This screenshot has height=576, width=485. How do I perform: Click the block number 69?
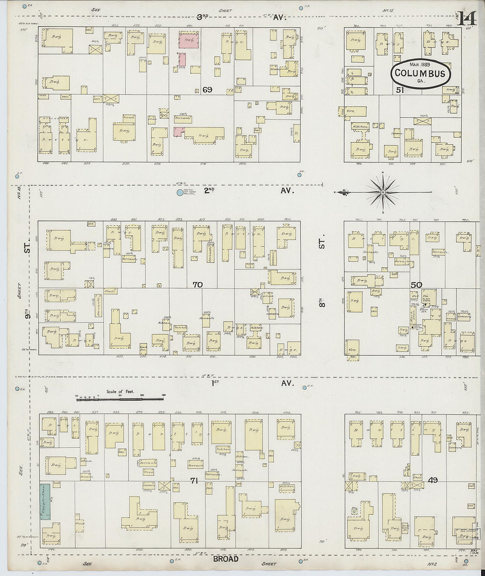(x=207, y=90)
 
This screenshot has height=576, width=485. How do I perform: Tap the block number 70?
(x=198, y=285)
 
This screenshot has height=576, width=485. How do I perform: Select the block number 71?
(x=194, y=481)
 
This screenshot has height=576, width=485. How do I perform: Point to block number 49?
(x=433, y=480)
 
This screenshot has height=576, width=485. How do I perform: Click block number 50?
(x=416, y=285)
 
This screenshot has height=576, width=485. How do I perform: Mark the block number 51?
(x=400, y=90)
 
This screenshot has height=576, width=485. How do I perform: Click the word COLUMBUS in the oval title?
(x=420, y=73)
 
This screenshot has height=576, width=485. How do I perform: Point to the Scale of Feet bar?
(x=120, y=400)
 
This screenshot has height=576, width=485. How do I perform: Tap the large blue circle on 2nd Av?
(x=179, y=192)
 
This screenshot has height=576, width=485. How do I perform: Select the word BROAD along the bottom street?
(x=226, y=559)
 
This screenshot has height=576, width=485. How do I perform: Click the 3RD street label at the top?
(x=202, y=17)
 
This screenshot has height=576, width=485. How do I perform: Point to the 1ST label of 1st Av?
(x=215, y=383)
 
